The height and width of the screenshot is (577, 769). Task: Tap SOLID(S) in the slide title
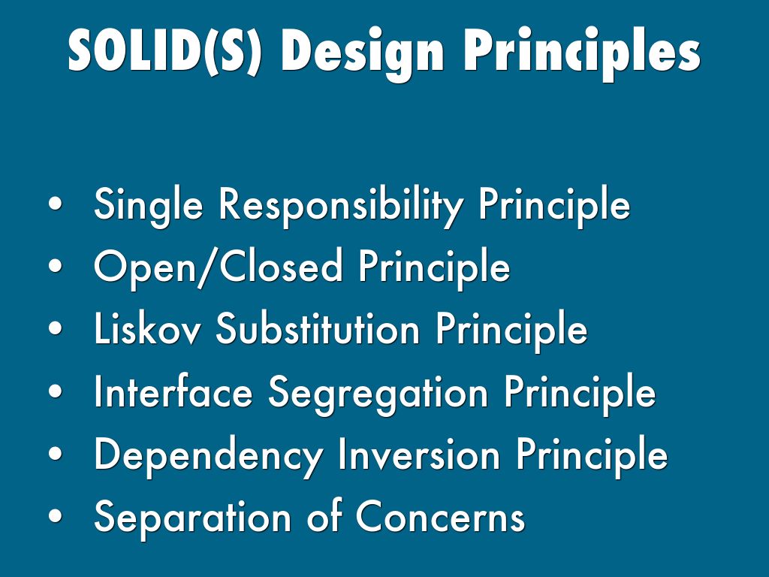coord(164,50)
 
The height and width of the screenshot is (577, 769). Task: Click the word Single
coord(148,206)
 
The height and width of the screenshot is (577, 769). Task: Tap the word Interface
coord(173,391)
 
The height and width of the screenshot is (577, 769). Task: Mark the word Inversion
coord(419,453)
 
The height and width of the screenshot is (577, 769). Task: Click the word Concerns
coord(440,516)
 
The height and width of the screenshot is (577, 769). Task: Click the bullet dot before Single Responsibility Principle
coord(56,204)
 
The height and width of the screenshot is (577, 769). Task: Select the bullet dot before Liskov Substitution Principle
coord(56,328)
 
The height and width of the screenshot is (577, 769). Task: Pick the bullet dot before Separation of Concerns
coord(56,516)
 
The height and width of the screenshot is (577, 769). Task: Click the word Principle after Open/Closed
coord(434,268)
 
